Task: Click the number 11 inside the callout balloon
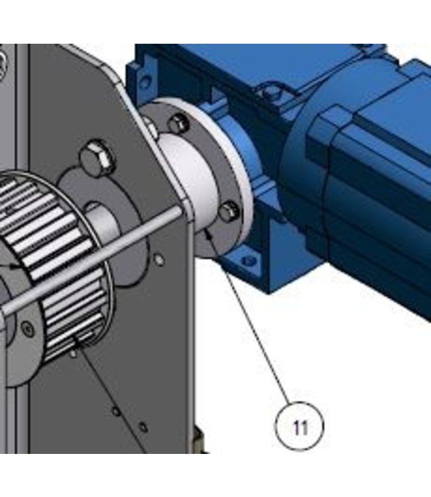[300, 427]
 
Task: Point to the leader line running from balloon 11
[255, 318]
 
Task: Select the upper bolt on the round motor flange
[177, 123]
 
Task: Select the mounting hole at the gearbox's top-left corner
[145, 80]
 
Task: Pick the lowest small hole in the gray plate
[143, 425]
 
